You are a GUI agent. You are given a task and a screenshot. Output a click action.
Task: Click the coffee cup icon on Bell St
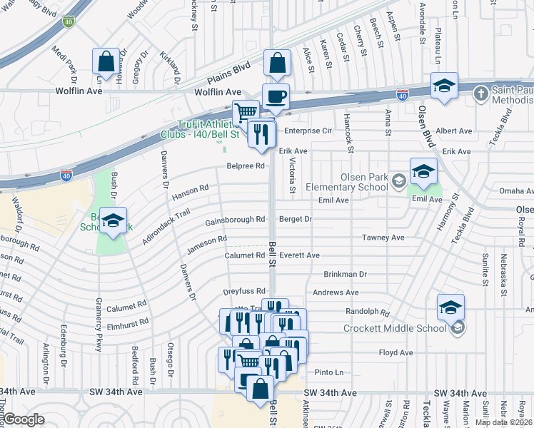276,96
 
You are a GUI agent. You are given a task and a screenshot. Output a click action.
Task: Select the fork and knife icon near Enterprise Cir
261,133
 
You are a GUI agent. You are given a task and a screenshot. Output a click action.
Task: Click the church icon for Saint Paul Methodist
483,93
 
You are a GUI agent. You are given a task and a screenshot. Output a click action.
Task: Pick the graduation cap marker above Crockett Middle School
450,307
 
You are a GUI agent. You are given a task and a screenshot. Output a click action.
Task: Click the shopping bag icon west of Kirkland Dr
106,62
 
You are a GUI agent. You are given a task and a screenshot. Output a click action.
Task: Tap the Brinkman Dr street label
345,274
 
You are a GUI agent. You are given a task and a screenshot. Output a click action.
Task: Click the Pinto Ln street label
329,372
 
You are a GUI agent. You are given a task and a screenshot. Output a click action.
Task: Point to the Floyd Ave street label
396,352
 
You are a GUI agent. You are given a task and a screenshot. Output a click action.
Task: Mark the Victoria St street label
293,176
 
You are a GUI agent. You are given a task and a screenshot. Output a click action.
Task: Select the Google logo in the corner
24,419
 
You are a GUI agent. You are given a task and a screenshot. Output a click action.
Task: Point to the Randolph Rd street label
368,312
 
